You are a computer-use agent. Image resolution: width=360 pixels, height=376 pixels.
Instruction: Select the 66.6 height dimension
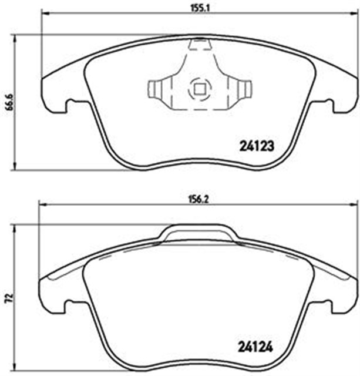click(6, 101)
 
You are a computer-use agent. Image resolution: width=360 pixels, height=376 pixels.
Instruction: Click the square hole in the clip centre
click(198, 90)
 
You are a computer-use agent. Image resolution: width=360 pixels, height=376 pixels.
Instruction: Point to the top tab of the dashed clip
click(198, 43)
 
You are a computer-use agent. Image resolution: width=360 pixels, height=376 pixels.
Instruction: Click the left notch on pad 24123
click(69, 106)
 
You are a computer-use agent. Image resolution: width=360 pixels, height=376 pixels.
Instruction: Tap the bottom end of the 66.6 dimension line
click(15, 170)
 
